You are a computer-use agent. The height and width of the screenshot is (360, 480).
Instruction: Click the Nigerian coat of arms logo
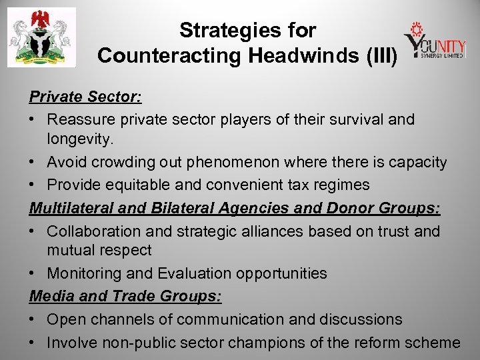(x=41, y=37)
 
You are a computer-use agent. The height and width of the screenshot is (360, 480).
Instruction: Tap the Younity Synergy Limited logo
(x=434, y=41)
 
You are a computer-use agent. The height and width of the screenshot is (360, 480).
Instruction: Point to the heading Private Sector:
(x=85, y=97)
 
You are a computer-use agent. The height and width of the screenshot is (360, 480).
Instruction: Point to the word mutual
(x=71, y=250)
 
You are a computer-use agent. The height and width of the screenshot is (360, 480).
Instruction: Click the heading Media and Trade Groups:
(x=125, y=295)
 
